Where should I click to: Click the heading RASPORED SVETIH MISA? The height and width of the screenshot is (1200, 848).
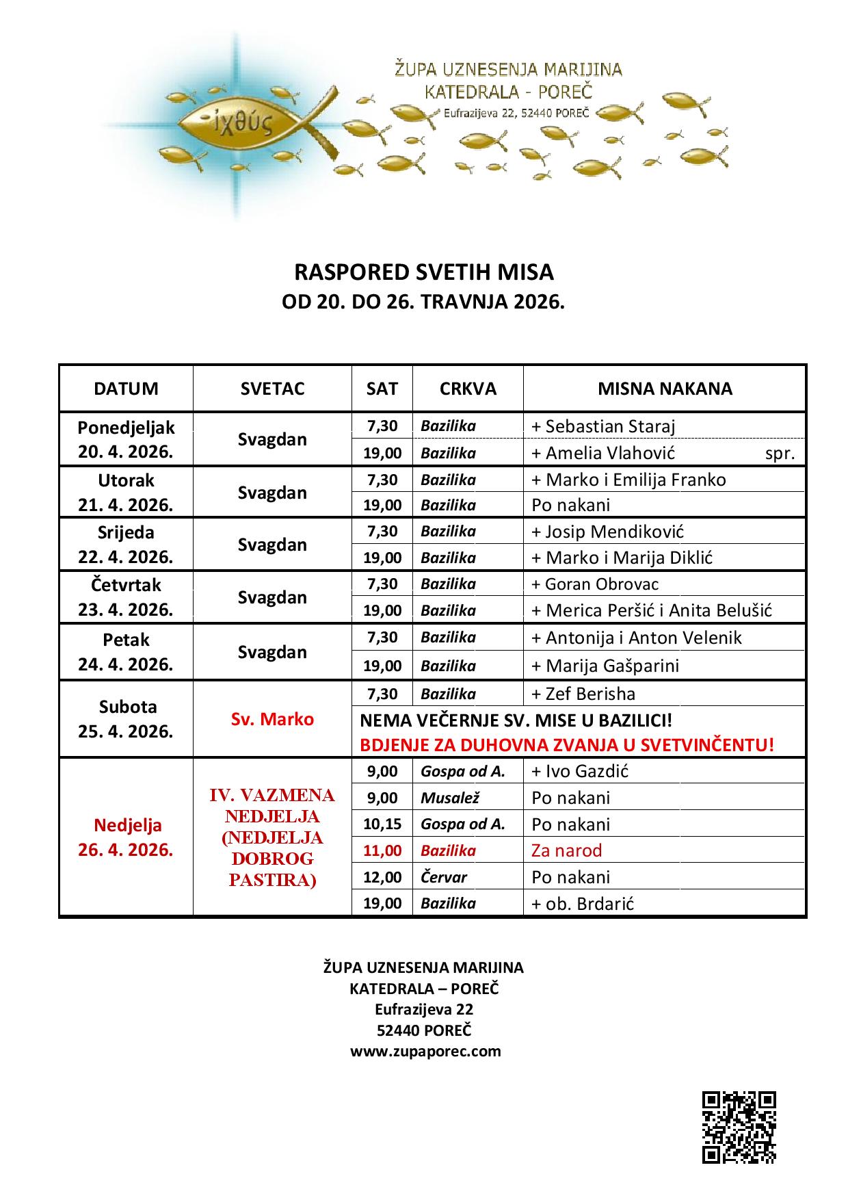[423, 272]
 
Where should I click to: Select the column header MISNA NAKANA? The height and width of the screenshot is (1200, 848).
[664, 389]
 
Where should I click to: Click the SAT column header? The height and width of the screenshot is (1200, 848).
[382, 389]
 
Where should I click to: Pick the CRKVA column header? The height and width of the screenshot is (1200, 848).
[468, 389]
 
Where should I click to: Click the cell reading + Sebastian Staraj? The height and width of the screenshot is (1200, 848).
[603, 426]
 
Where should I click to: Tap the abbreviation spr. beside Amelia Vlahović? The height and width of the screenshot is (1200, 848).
[780, 453]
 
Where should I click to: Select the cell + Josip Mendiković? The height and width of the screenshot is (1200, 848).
[607, 532]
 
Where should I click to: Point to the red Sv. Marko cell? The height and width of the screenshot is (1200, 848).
[272, 719]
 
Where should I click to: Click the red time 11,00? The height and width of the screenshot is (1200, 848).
[382, 850]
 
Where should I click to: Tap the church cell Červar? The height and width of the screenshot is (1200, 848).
[444, 877]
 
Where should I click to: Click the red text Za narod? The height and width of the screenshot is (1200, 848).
[566, 850]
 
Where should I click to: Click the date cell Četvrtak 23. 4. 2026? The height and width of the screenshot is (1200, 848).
[126, 597]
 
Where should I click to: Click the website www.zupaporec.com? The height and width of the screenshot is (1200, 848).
[425, 1051]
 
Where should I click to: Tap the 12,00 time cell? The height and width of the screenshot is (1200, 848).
[382, 877]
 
